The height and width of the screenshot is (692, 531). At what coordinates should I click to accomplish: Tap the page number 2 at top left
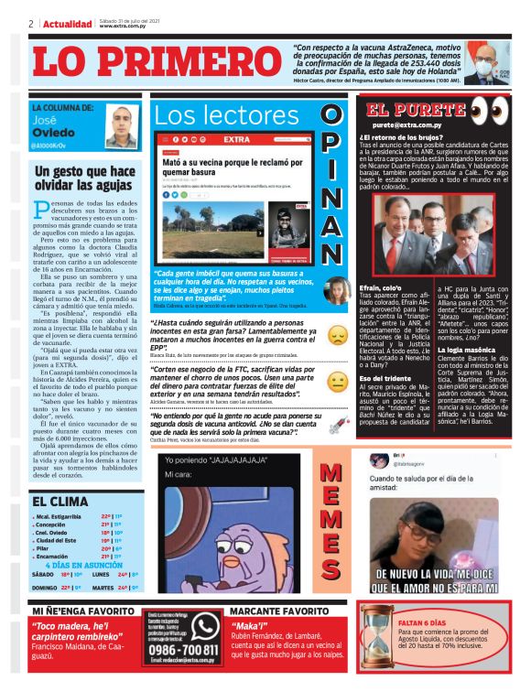coord(31,24)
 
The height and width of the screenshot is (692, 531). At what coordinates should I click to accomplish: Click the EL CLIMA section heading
coord(60,501)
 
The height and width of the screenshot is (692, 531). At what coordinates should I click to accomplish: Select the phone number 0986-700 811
coord(183,649)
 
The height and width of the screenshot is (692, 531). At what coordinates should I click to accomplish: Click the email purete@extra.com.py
coord(407,124)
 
